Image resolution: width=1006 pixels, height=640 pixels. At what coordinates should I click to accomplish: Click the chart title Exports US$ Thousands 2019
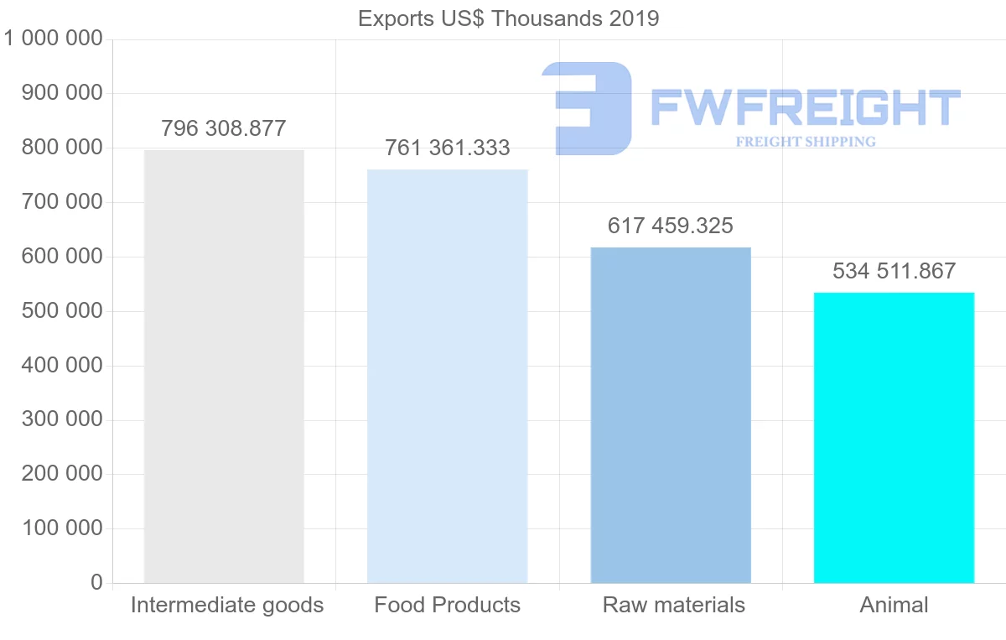(508, 18)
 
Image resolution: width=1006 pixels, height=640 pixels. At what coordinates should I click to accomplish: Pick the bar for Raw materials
(671, 415)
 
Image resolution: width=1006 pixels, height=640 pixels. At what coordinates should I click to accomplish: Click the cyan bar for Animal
(894, 437)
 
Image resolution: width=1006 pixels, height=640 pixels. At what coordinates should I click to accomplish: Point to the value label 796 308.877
(224, 129)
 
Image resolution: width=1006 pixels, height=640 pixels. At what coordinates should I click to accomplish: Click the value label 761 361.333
(448, 148)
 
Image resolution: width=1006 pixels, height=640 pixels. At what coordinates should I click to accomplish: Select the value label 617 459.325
(671, 226)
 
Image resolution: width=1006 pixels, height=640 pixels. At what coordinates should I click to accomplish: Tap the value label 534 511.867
(894, 271)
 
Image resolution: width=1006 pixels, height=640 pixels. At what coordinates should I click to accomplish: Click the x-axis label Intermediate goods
(227, 605)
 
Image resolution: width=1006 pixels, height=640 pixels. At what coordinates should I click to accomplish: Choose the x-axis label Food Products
(448, 605)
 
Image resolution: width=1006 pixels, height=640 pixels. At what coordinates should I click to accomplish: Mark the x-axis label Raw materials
(674, 605)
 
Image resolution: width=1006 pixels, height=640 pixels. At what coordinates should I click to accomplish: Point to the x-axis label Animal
(894, 605)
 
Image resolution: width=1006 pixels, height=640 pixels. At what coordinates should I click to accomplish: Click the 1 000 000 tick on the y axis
(54, 39)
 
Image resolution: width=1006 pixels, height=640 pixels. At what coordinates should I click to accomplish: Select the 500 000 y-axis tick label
(62, 311)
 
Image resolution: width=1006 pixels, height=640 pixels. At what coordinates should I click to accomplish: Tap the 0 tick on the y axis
(96, 582)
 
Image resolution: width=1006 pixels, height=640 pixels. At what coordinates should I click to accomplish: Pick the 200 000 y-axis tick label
(62, 474)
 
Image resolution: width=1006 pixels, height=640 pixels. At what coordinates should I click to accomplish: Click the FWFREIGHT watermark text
(805, 108)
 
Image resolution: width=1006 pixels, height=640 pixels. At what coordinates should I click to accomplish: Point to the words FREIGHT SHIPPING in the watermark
(806, 142)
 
